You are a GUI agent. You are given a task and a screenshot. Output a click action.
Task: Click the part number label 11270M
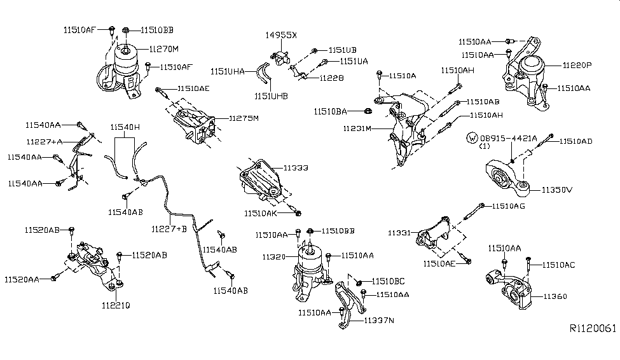[163, 49]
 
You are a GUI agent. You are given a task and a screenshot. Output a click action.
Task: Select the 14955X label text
[280, 35]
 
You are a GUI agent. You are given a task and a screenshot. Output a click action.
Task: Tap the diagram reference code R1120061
[593, 328]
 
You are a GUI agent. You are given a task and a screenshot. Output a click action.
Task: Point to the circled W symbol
[472, 138]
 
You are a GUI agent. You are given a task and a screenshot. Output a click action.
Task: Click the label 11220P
[577, 66]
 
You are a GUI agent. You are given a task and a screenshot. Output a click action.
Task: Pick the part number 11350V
[557, 190]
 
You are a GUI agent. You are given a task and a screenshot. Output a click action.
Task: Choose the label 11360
[555, 296]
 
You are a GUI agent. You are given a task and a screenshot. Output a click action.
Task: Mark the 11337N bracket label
[379, 321]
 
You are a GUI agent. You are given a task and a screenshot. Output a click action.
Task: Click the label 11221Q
[116, 305]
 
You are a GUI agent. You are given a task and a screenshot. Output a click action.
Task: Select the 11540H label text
[125, 127]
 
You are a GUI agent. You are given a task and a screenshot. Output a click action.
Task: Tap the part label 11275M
[244, 118]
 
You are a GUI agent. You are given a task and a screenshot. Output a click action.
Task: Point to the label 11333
[296, 168]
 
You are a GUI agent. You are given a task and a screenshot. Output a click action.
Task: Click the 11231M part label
[357, 128]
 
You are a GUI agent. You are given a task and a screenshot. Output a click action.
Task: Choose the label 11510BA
[330, 111]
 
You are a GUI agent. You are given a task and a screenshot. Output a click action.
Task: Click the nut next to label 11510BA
[366, 111]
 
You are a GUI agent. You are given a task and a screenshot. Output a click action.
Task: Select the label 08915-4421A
[509, 139]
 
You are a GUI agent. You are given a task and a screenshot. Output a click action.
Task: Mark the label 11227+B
[169, 229]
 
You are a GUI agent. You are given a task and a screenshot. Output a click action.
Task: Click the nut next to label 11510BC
[359, 282]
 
